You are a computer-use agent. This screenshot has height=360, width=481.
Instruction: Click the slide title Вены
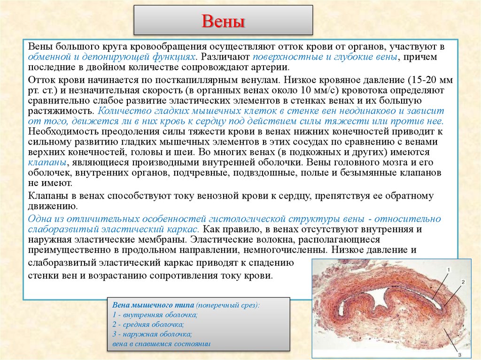(x=223, y=21)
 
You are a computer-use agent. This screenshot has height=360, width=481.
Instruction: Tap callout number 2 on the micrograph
(x=463, y=283)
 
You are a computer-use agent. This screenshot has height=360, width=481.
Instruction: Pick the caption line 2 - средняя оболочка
(x=148, y=324)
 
